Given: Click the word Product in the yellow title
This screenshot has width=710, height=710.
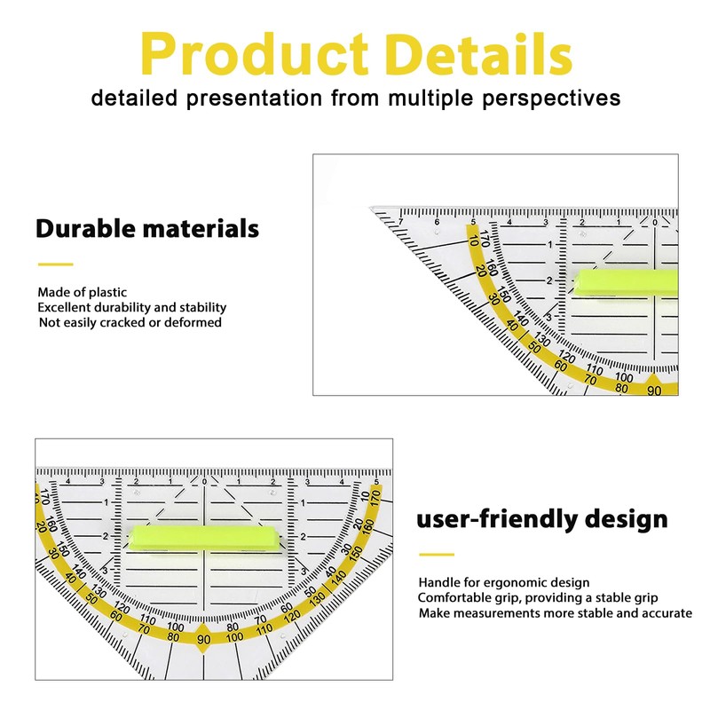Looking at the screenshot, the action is pos(254,53).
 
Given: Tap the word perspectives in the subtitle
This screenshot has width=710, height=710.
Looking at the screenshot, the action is pos(551,99).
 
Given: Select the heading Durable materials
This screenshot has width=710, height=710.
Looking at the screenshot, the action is pos(147,228).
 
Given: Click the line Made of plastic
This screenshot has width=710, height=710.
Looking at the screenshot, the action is pos(82,292).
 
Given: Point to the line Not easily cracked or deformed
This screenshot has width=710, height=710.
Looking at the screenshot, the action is pos(130,322).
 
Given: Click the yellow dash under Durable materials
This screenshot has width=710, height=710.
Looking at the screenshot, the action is pos(55,264).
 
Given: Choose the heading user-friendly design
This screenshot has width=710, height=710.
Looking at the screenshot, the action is pos(542,519).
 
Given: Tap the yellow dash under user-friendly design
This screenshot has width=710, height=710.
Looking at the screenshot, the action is pos(437,554).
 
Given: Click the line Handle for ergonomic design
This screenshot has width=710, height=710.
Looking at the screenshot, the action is pos(504,582).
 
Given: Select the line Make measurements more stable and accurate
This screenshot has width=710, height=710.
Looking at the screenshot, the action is pos(556,613).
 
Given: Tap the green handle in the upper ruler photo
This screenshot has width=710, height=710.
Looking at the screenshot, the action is pos(626,282).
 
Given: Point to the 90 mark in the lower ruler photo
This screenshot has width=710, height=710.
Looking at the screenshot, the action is pos(204,639).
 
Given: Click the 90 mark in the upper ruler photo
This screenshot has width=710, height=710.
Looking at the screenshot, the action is pos(654,390).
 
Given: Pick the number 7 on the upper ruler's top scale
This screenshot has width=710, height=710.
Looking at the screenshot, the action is pos(400,222).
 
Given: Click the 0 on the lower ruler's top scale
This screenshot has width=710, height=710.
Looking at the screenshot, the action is pos(204,481).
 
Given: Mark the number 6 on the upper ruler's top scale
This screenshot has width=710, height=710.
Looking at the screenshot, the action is pos(437,222).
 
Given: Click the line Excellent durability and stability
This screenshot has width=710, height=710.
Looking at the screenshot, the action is pos(131,307).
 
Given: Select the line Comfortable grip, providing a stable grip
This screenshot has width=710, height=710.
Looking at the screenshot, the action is pos(538,597).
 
